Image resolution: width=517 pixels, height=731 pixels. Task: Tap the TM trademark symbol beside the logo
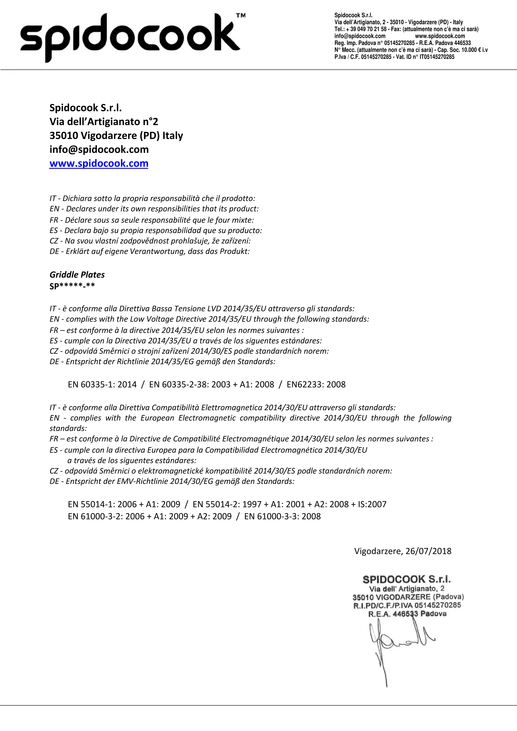(x=241, y=15)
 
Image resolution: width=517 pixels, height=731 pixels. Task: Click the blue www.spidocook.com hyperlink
(x=99, y=163)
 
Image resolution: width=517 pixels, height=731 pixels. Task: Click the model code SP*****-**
(x=72, y=286)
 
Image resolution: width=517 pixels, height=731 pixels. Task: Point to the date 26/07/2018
(x=428, y=551)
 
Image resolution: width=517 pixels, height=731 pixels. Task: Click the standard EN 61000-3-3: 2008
(x=282, y=516)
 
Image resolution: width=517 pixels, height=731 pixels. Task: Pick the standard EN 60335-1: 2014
(x=102, y=385)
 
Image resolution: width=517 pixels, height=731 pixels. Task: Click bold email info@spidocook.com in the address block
(x=99, y=149)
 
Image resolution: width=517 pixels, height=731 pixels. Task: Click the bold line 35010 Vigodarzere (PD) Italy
(x=116, y=136)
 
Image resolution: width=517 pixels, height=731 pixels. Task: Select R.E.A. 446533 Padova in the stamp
(x=407, y=614)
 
